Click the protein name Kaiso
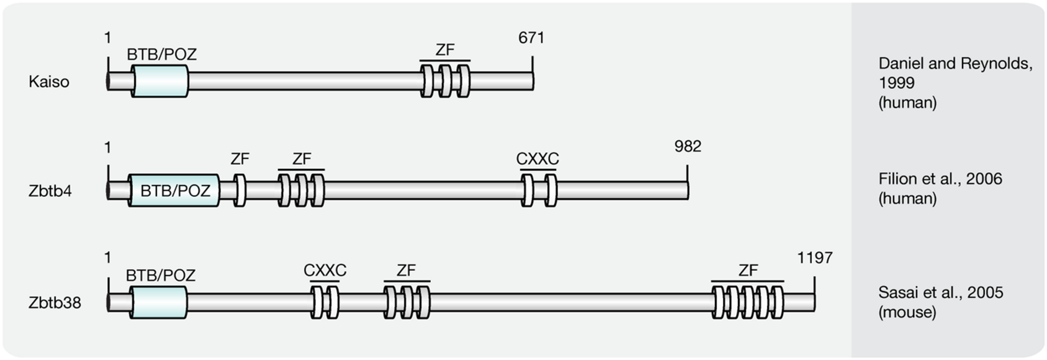pyautogui.click(x=49, y=82)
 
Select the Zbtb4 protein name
pyautogui.click(x=50, y=191)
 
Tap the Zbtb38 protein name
pyautogui.click(x=55, y=303)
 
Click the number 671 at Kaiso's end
pyautogui.click(x=531, y=38)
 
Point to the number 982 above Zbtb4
pyautogui.click(x=687, y=146)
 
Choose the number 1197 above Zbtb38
pyautogui.click(x=814, y=258)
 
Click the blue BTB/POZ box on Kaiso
pyautogui.click(x=160, y=81)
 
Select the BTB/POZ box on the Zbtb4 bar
pyautogui.click(x=174, y=190)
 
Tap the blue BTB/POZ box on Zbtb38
pyautogui.click(x=158, y=302)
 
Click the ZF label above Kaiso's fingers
pyautogui.click(x=445, y=50)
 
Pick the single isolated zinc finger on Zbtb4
pyautogui.click(x=239, y=190)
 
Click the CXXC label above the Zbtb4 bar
pyautogui.click(x=537, y=159)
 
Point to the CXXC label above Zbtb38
pyautogui.click(x=325, y=270)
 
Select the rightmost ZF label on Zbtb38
pyautogui.click(x=747, y=270)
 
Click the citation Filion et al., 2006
pyautogui.click(x=940, y=179)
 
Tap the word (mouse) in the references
pyautogui.click(x=907, y=312)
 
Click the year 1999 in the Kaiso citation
pyautogui.click(x=896, y=83)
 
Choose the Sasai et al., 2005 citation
pyautogui.click(x=941, y=292)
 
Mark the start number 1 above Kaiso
pyautogui.click(x=108, y=38)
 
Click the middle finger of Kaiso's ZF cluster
pyautogui.click(x=446, y=81)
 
